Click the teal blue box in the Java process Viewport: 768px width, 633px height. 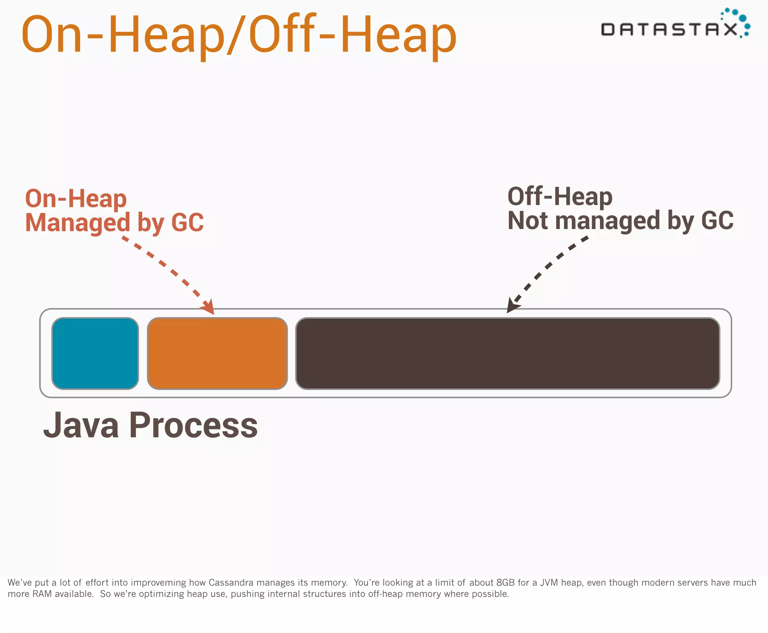click(95, 353)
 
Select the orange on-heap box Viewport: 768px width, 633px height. click(217, 353)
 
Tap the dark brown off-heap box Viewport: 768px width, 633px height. click(507, 353)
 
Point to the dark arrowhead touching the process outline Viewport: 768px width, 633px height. click(512, 304)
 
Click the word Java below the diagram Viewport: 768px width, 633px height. click(81, 425)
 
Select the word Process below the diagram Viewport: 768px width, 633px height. click(193, 425)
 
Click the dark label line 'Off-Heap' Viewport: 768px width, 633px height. click(559, 196)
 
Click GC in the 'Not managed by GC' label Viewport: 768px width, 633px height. click(717, 220)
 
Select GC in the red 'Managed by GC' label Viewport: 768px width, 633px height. click(187, 223)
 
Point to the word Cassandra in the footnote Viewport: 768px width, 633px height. click(231, 582)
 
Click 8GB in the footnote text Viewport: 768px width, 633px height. click(505, 582)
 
